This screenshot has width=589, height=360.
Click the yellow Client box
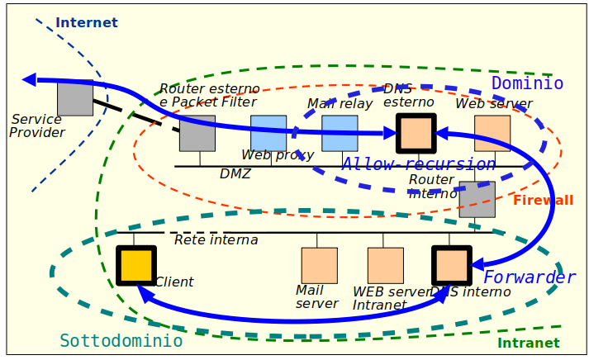click(x=135, y=265)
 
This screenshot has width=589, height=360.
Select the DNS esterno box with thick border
click(x=416, y=133)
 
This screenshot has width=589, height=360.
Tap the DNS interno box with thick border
click(x=451, y=265)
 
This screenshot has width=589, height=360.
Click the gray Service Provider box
click(x=75, y=97)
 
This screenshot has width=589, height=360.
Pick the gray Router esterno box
click(x=197, y=133)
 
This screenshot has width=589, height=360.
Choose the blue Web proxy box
click(x=268, y=132)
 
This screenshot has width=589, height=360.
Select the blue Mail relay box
click(x=340, y=133)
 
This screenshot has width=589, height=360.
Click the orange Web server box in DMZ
click(x=492, y=133)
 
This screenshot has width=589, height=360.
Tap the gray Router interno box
click(x=477, y=199)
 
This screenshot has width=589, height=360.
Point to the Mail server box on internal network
click(x=319, y=265)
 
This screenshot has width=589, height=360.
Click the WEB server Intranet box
click(x=385, y=265)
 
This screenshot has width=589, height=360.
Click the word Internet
click(x=87, y=23)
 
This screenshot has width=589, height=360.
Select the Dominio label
click(x=527, y=83)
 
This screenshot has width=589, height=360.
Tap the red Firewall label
click(x=543, y=201)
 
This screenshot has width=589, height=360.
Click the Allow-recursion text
click(x=419, y=164)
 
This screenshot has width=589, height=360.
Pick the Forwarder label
click(x=529, y=277)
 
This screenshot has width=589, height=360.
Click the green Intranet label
click(x=528, y=343)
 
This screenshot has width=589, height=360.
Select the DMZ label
click(x=235, y=174)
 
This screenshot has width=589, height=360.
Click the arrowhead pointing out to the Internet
click(x=30, y=79)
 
